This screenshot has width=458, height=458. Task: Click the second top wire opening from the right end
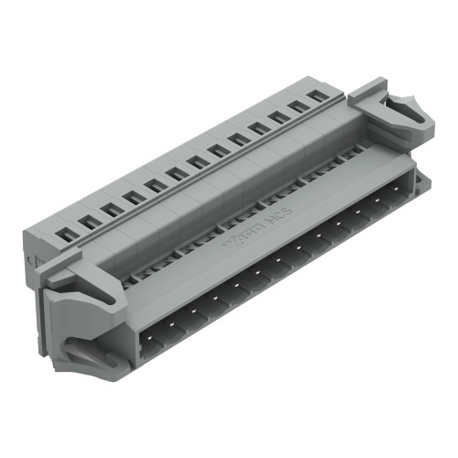tap(298, 106)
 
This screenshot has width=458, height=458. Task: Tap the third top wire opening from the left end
tap(110, 210)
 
